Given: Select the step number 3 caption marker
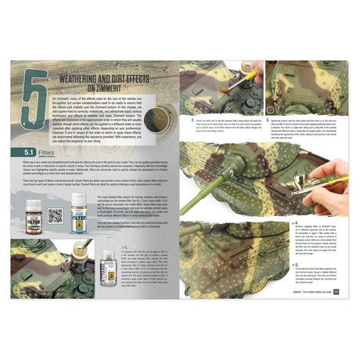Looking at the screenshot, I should coord(268,120).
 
